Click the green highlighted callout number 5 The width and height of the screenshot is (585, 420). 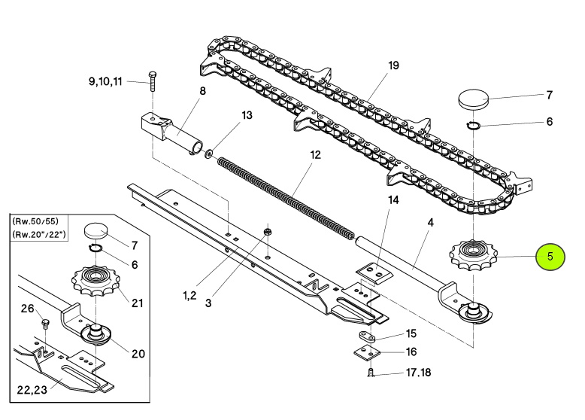tap(550, 257)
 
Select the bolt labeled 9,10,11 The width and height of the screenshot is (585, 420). tap(152, 81)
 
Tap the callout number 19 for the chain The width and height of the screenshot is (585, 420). tap(393, 65)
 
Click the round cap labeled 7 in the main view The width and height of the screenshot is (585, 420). tap(473, 99)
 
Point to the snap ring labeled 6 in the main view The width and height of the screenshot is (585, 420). tap(473, 126)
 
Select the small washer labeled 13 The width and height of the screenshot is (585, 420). tap(208, 153)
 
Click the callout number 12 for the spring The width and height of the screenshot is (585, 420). tap(315, 154)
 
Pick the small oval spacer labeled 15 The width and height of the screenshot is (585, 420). tap(368, 336)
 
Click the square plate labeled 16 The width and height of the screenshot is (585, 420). tap(366, 352)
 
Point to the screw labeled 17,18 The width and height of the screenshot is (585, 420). tap(371, 373)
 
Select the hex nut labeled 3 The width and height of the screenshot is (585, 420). tap(267, 232)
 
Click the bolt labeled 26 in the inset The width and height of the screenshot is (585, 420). tap(46, 324)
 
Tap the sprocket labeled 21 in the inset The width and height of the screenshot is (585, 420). tap(96, 280)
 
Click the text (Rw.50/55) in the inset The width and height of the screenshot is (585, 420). tap(35, 221)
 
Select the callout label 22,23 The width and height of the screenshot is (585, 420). tap(32, 390)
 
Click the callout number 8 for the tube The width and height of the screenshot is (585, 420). tap(202, 91)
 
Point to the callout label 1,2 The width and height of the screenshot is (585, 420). tap(189, 295)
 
